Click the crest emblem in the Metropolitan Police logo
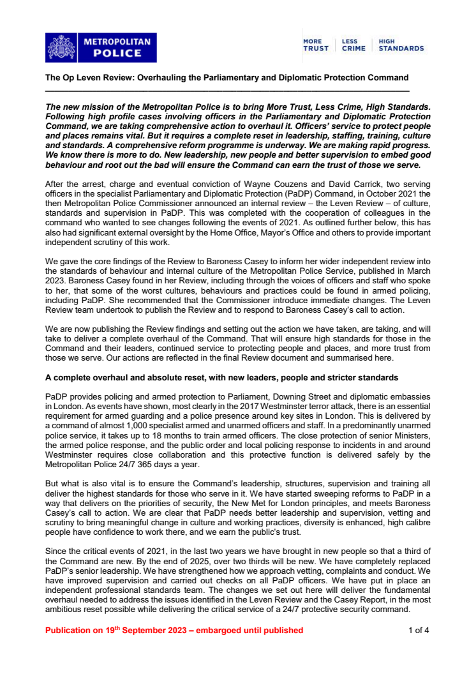(61, 48)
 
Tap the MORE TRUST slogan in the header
(315, 45)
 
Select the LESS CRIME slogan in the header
(353, 45)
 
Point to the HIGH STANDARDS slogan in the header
(401, 45)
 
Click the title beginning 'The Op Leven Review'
(227, 77)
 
